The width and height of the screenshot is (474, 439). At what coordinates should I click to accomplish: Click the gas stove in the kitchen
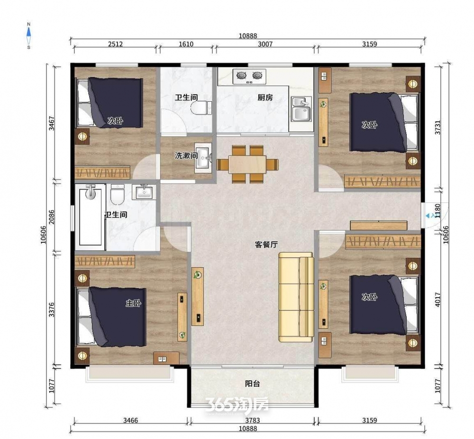click(249, 76)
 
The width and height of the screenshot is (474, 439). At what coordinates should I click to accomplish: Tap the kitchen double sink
click(301, 109)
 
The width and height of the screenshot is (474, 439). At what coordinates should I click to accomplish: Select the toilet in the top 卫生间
click(201, 108)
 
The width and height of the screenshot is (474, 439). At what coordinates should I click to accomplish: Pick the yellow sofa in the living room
click(296, 297)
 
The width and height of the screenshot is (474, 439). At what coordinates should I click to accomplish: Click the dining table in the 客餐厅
click(247, 164)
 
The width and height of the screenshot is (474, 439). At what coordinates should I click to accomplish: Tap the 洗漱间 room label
click(186, 156)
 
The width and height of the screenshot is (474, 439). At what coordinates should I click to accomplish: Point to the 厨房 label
click(265, 97)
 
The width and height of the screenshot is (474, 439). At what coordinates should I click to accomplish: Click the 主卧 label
click(133, 303)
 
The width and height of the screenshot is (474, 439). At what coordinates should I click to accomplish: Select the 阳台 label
click(253, 384)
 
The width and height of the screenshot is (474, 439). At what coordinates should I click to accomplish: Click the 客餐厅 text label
click(266, 245)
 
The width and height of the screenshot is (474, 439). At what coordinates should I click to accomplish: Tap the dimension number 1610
click(186, 44)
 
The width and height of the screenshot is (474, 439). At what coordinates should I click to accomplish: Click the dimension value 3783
click(253, 420)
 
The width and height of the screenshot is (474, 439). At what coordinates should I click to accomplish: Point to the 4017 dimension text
click(438, 299)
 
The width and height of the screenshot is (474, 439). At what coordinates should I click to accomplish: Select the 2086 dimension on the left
click(52, 217)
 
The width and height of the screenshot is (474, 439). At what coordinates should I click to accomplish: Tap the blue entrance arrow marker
click(428, 216)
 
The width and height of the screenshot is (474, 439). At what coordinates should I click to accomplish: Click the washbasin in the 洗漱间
click(203, 158)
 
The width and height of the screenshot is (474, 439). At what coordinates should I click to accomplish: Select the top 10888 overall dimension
click(248, 36)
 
